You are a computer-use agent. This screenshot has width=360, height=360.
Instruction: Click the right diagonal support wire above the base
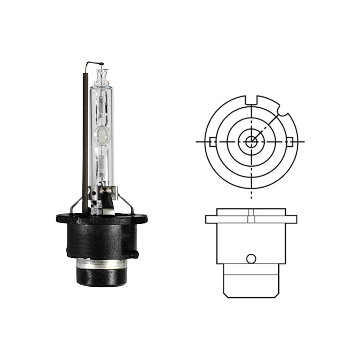click(x=129, y=203)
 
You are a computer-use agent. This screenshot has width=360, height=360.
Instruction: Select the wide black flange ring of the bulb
click(x=102, y=219)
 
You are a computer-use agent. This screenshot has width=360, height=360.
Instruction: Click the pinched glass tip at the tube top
click(x=102, y=75)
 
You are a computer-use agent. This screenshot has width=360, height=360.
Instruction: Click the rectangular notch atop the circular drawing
click(x=251, y=100)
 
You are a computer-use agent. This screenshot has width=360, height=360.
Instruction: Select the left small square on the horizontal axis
click(x=212, y=141)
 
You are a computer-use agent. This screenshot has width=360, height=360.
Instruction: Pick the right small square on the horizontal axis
click(x=290, y=141)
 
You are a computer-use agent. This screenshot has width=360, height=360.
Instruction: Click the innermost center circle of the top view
click(x=251, y=141)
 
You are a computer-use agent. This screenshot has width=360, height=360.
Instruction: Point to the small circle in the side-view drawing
click(x=251, y=258)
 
